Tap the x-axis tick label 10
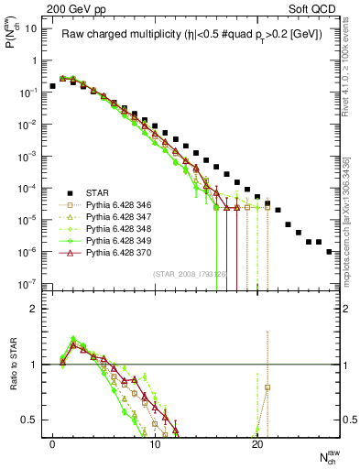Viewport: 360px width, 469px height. click(155, 443)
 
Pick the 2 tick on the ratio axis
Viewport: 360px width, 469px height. click(33, 309)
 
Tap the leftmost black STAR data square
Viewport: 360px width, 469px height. click(52, 86)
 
